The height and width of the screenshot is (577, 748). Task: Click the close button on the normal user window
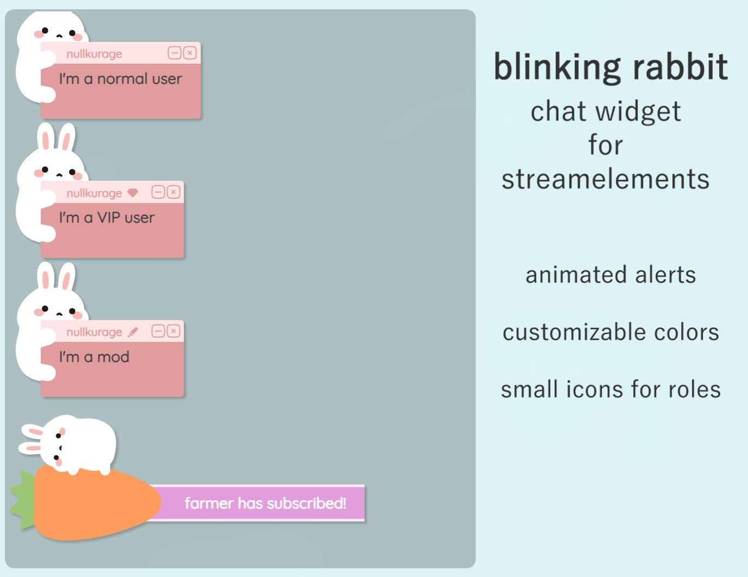(189, 53)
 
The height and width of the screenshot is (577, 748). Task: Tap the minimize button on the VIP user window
(158, 192)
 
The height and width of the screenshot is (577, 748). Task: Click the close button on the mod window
(173, 331)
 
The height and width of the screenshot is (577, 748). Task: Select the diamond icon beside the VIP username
(133, 193)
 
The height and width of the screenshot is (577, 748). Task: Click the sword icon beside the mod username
(133, 332)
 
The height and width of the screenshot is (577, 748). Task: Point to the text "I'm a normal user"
(120, 79)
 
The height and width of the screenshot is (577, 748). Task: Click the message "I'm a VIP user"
(107, 218)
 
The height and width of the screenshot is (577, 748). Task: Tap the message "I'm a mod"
(94, 357)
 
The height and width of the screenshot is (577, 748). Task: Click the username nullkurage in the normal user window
(94, 54)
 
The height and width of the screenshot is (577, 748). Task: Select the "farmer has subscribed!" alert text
(265, 503)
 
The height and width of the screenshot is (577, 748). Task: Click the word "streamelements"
(605, 180)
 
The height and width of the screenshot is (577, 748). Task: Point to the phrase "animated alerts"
(610, 275)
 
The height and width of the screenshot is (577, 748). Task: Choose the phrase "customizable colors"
(610, 332)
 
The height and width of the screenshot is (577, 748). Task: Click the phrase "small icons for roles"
(610, 390)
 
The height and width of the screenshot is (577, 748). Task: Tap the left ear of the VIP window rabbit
(46, 137)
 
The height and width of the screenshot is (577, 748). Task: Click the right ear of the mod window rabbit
(66, 276)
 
